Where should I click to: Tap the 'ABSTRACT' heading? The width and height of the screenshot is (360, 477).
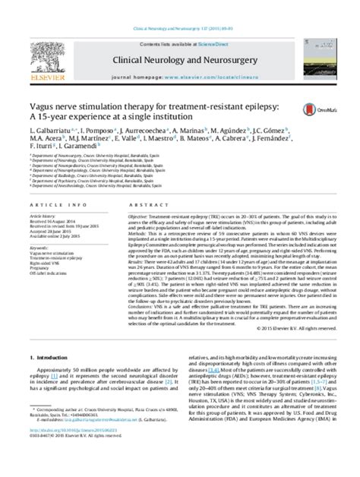tap(129, 204)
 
